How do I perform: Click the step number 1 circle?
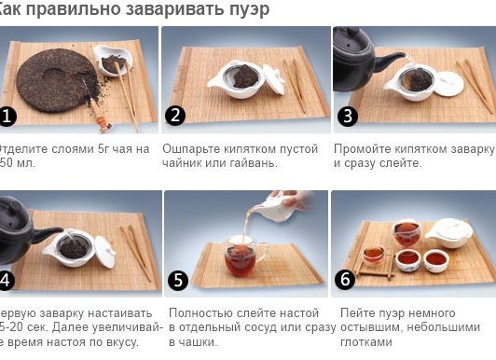click(8, 116)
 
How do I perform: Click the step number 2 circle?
click(176, 116)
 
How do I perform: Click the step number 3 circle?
click(347, 116)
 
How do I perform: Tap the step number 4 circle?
click(7, 280)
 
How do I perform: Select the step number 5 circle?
click(180, 280)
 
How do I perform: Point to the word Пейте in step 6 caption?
click(358, 313)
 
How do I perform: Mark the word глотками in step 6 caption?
click(367, 342)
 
